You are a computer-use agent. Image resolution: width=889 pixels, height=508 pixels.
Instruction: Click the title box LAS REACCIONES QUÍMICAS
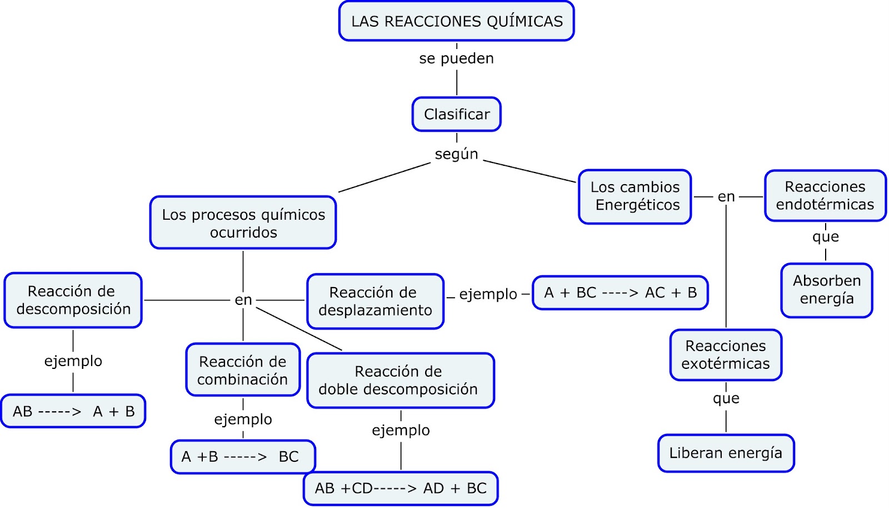pyautogui.click(x=456, y=21)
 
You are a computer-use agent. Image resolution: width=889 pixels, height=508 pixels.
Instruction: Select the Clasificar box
pyautogui.click(x=456, y=114)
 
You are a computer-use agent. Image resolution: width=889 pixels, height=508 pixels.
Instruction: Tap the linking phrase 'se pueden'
pyautogui.click(x=456, y=58)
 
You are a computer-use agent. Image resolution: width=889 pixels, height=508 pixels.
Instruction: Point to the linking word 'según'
pyautogui.click(x=456, y=154)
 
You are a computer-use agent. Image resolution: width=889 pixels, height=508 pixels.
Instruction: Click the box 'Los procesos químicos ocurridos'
pyautogui.click(x=243, y=223)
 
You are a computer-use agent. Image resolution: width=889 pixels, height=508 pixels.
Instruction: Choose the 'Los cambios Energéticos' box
pyautogui.click(x=635, y=196)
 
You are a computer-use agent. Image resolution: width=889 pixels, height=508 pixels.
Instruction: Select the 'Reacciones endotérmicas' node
pyautogui.click(x=825, y=195)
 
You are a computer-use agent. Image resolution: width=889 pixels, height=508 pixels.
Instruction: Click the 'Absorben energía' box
pyautogui.click(x=826, y=290)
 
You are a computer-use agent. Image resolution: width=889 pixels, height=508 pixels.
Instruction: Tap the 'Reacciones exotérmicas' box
pyautogui.click(x=726, y=355)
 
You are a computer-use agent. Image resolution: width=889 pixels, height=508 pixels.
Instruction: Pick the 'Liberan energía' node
pyautogui.click(x=726, y=453)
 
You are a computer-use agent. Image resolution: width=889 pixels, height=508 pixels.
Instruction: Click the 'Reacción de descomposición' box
pyautogui.click(x=73, y=300)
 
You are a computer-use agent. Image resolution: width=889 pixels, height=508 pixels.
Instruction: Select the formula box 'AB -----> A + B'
pyautogui.click(x=73, y=411)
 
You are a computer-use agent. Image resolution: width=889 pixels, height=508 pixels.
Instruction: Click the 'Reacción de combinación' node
pyautogui.click(x=243, y=370)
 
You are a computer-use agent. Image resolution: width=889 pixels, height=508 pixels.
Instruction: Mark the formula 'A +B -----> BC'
pyautogui.click(x=242, y=457)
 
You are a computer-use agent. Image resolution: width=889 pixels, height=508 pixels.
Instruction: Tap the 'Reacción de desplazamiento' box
pyautogui.click(x=375, y=301)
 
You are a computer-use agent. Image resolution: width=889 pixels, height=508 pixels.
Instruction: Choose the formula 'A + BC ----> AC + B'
pyautogui.click(x=620, y=293)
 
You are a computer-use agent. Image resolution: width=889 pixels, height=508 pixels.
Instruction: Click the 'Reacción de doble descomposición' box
pyautogui.click(x=400, y=380)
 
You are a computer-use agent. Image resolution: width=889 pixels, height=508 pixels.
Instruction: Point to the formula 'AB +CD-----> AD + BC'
pyautogui.click(x=400, y=489)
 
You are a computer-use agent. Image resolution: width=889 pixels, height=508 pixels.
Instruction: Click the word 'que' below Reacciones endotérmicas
pyautogui.click(x=825, y=237)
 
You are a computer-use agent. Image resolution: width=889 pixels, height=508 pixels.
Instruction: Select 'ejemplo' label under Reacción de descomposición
pyautogui.click(x=73, y=361)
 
